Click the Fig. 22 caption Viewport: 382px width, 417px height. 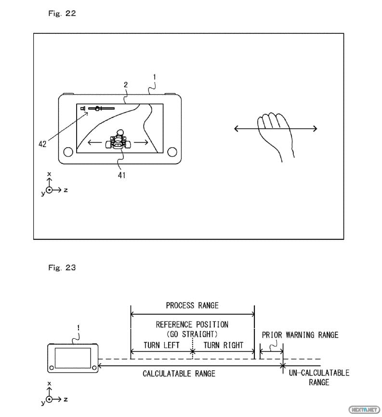[x=62, y=14]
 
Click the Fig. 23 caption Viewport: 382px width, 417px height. [x=62, y=267]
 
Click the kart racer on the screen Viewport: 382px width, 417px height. [x=119, y=140]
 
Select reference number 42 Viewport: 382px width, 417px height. [x=43, y=144]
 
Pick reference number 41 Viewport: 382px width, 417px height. [x=121, y=175]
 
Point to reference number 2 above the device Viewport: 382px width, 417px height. [x=125, y=84]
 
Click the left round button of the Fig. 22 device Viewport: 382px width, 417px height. [x=68, y=152]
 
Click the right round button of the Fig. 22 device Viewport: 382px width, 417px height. [x=171, y=152]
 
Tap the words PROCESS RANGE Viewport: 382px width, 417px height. [x=192, y=305]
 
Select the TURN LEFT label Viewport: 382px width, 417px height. [x=161, y=345]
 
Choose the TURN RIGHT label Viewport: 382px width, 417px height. [x=223, y=345]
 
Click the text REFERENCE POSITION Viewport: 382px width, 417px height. [x=192, y=324]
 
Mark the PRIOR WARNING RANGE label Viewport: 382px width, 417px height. [x=300, y=335]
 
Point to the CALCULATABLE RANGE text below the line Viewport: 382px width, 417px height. [x=179, y=374]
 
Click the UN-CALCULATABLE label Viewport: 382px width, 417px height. [x=319, y=373]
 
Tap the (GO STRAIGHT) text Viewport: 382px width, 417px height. [x=192, y=334]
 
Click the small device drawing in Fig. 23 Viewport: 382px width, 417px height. [x=73, y=358]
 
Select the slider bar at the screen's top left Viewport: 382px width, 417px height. [x=100, y=108]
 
